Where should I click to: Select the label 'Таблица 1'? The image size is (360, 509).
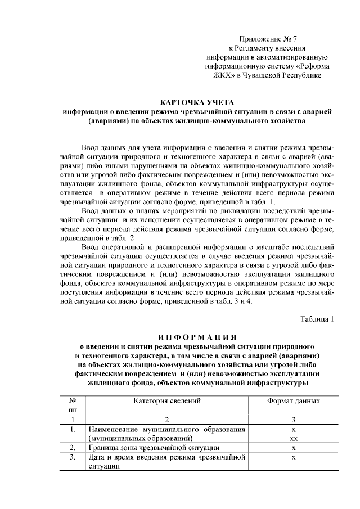coord(317,319)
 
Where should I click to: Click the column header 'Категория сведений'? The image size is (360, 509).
coord(166,401)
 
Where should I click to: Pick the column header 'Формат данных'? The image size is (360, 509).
coord(293,401)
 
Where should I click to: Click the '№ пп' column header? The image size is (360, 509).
coord(73,406)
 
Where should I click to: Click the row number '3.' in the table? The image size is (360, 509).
coord(73,457)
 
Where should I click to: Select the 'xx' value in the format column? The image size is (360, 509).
coord(293,438)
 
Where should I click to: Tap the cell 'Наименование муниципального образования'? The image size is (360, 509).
coord(166,429)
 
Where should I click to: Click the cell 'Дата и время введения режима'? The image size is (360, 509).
coord(166,457)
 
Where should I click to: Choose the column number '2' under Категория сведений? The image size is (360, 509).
coord(166,420)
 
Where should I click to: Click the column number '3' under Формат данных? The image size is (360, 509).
coord(293,420)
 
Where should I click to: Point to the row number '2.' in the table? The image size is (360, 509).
coord(73,448)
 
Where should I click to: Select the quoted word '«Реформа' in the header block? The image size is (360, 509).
coord(314,66)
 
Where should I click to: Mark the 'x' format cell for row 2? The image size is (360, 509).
coord(293,448)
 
